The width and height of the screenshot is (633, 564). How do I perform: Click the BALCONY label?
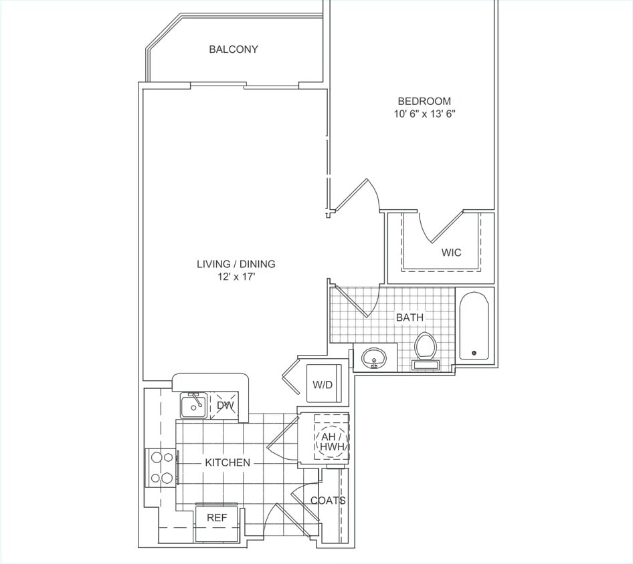(x=233, y=49)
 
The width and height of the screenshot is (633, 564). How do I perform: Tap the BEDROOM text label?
(x=424, y=102)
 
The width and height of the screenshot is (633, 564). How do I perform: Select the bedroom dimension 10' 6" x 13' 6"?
(x=425, y=114)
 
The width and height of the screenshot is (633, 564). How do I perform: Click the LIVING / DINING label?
(x=236, y=264)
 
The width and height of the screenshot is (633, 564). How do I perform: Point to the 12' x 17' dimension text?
(x=236, y=276)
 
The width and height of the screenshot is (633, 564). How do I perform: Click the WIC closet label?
(x=450, y=253)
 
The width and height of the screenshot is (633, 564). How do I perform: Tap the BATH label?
(x=410, y=317)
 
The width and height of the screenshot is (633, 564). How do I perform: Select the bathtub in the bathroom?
(x=474, y=327)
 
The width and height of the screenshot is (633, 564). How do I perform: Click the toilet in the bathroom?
(x=426, y=349)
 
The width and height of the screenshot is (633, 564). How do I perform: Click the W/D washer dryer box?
(x=324, y=384)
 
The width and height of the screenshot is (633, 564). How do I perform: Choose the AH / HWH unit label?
(x=331, y=441)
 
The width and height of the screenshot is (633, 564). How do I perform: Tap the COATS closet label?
(x=328, y=501)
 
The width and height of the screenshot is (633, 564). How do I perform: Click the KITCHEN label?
(x=228, y=462)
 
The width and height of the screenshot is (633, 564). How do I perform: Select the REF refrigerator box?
(x=216, y=518)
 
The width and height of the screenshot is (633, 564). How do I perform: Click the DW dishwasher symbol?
(x=224, y=405)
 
